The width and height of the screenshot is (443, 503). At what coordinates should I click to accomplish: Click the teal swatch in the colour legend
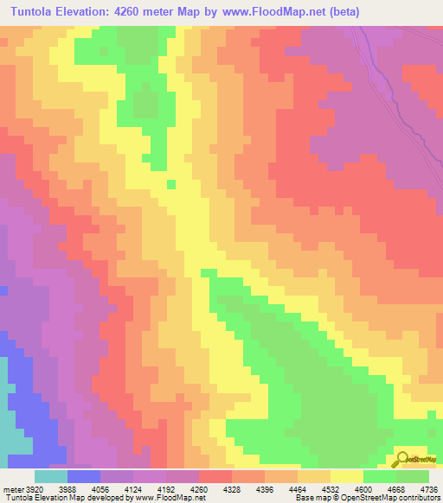tap(51, 477)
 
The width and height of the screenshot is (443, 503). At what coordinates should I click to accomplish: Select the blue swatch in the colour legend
tap(84, 477)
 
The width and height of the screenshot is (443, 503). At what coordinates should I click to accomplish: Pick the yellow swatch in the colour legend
tap(347, 477)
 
